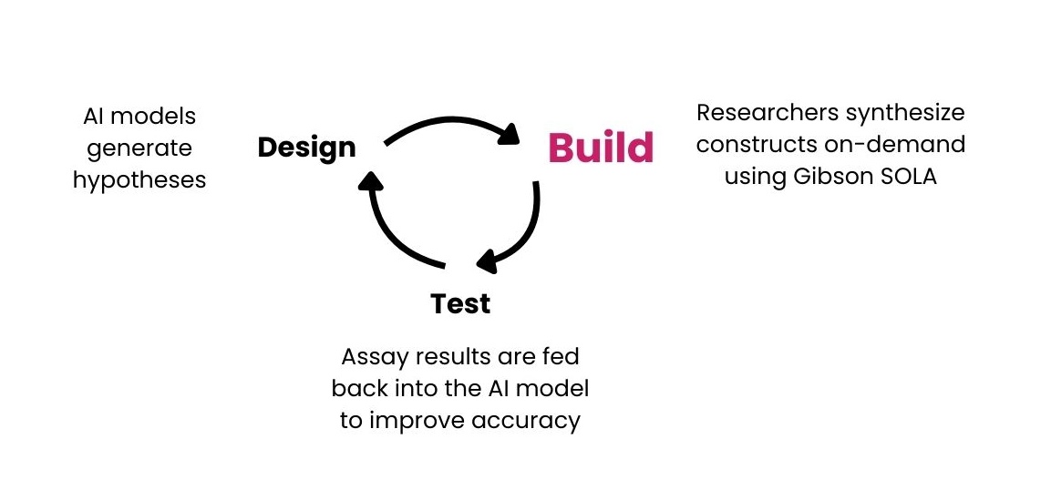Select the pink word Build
(x=601, y=148)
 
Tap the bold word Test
(x=460, y=303)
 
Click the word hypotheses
(x=139, y=180)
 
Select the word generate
(x=139, y=148)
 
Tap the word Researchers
(x=767, y=112)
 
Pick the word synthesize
(x=905, y=113)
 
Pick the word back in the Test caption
(x=359, y=388)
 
